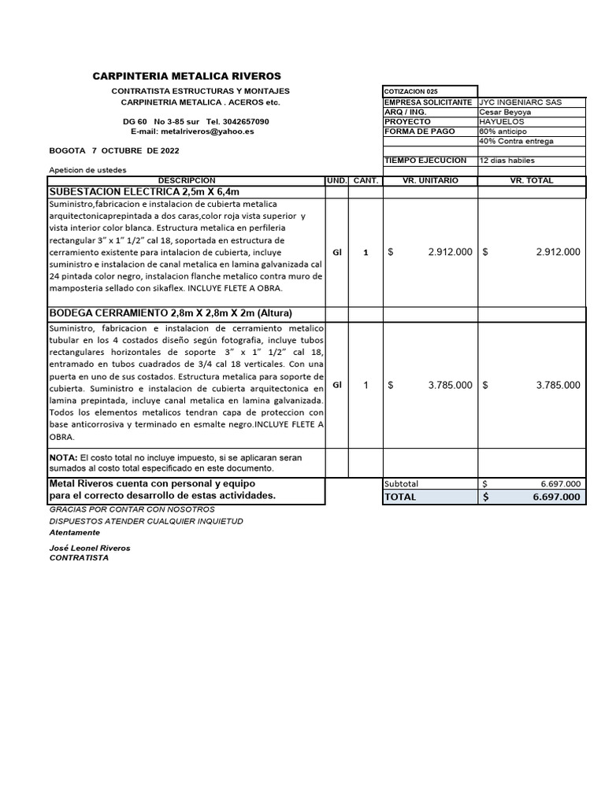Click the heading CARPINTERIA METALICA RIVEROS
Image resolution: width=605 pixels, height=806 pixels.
(187, 76)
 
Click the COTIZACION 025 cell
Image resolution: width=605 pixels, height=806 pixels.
(410, 91)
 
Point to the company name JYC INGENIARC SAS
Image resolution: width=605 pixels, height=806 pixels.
(520, 102)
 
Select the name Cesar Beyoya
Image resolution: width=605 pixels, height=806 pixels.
(505, 112)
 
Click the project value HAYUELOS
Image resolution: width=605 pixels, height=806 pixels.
(501, 122)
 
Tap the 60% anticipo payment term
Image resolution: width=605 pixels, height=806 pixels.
(504, 131)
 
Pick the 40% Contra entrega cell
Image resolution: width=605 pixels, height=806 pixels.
(516, 141)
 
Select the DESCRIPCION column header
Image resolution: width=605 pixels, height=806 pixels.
(186, 180)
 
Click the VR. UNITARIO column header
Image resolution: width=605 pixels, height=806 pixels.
(429, 180)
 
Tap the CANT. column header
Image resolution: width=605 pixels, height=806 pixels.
(366, 180)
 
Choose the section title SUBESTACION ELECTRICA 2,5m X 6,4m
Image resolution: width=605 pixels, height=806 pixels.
(144, 191)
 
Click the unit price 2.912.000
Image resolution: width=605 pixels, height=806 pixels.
(450, 252)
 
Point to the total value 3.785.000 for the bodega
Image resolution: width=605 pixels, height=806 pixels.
(558, 385)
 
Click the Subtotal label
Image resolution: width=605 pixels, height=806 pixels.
(402, 483)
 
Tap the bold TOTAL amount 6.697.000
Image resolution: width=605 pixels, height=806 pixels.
(556, 497)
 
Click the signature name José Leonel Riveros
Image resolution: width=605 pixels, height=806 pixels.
(90, 548)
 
